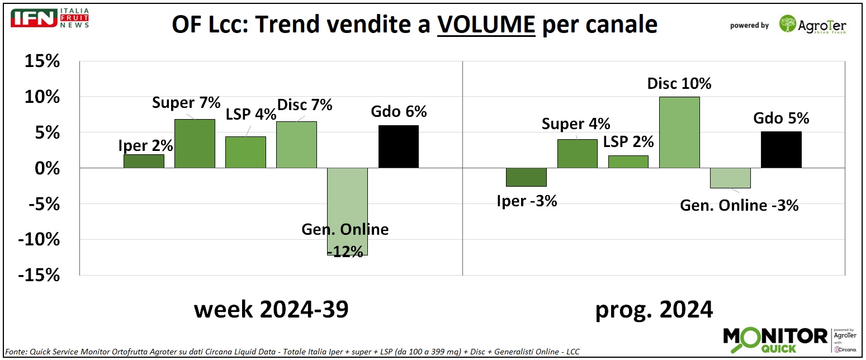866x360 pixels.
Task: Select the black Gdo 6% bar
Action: tap(398, 146)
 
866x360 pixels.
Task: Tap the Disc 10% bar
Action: tap(679, 132)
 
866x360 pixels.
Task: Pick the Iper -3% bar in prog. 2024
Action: tap(527, 177)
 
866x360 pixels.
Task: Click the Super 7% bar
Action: tap(195, 144)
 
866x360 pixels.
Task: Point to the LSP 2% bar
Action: tap(628, 162)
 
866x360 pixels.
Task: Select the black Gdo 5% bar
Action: tap(781, 150)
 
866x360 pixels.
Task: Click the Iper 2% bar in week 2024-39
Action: tap(144, 162)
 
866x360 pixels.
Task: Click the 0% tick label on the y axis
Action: tap(46, 168)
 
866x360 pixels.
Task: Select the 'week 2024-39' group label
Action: tap(271, 309)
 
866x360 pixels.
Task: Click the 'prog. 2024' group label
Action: tap(654, 309)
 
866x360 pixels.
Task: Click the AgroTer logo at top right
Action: tap(813, 25)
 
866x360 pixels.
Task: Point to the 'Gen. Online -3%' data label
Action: tap(739, 205)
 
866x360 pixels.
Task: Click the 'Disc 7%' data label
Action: tap(305, 105)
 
